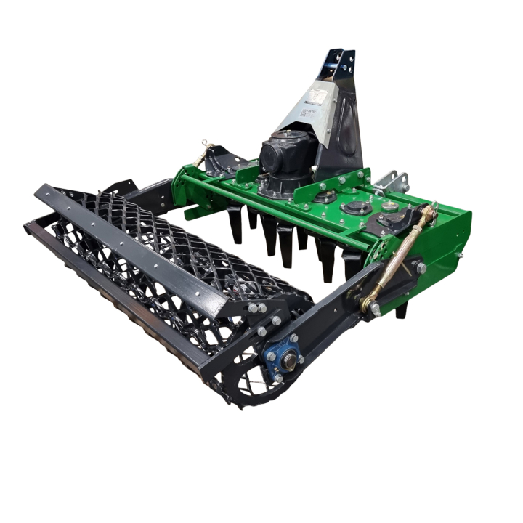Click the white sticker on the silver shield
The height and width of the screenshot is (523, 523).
click(317, 97)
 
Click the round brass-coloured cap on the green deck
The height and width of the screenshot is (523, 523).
click(391, 206)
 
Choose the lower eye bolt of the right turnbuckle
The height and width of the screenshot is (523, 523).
click(373, 308)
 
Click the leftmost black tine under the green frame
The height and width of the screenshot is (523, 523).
click(236, 225)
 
